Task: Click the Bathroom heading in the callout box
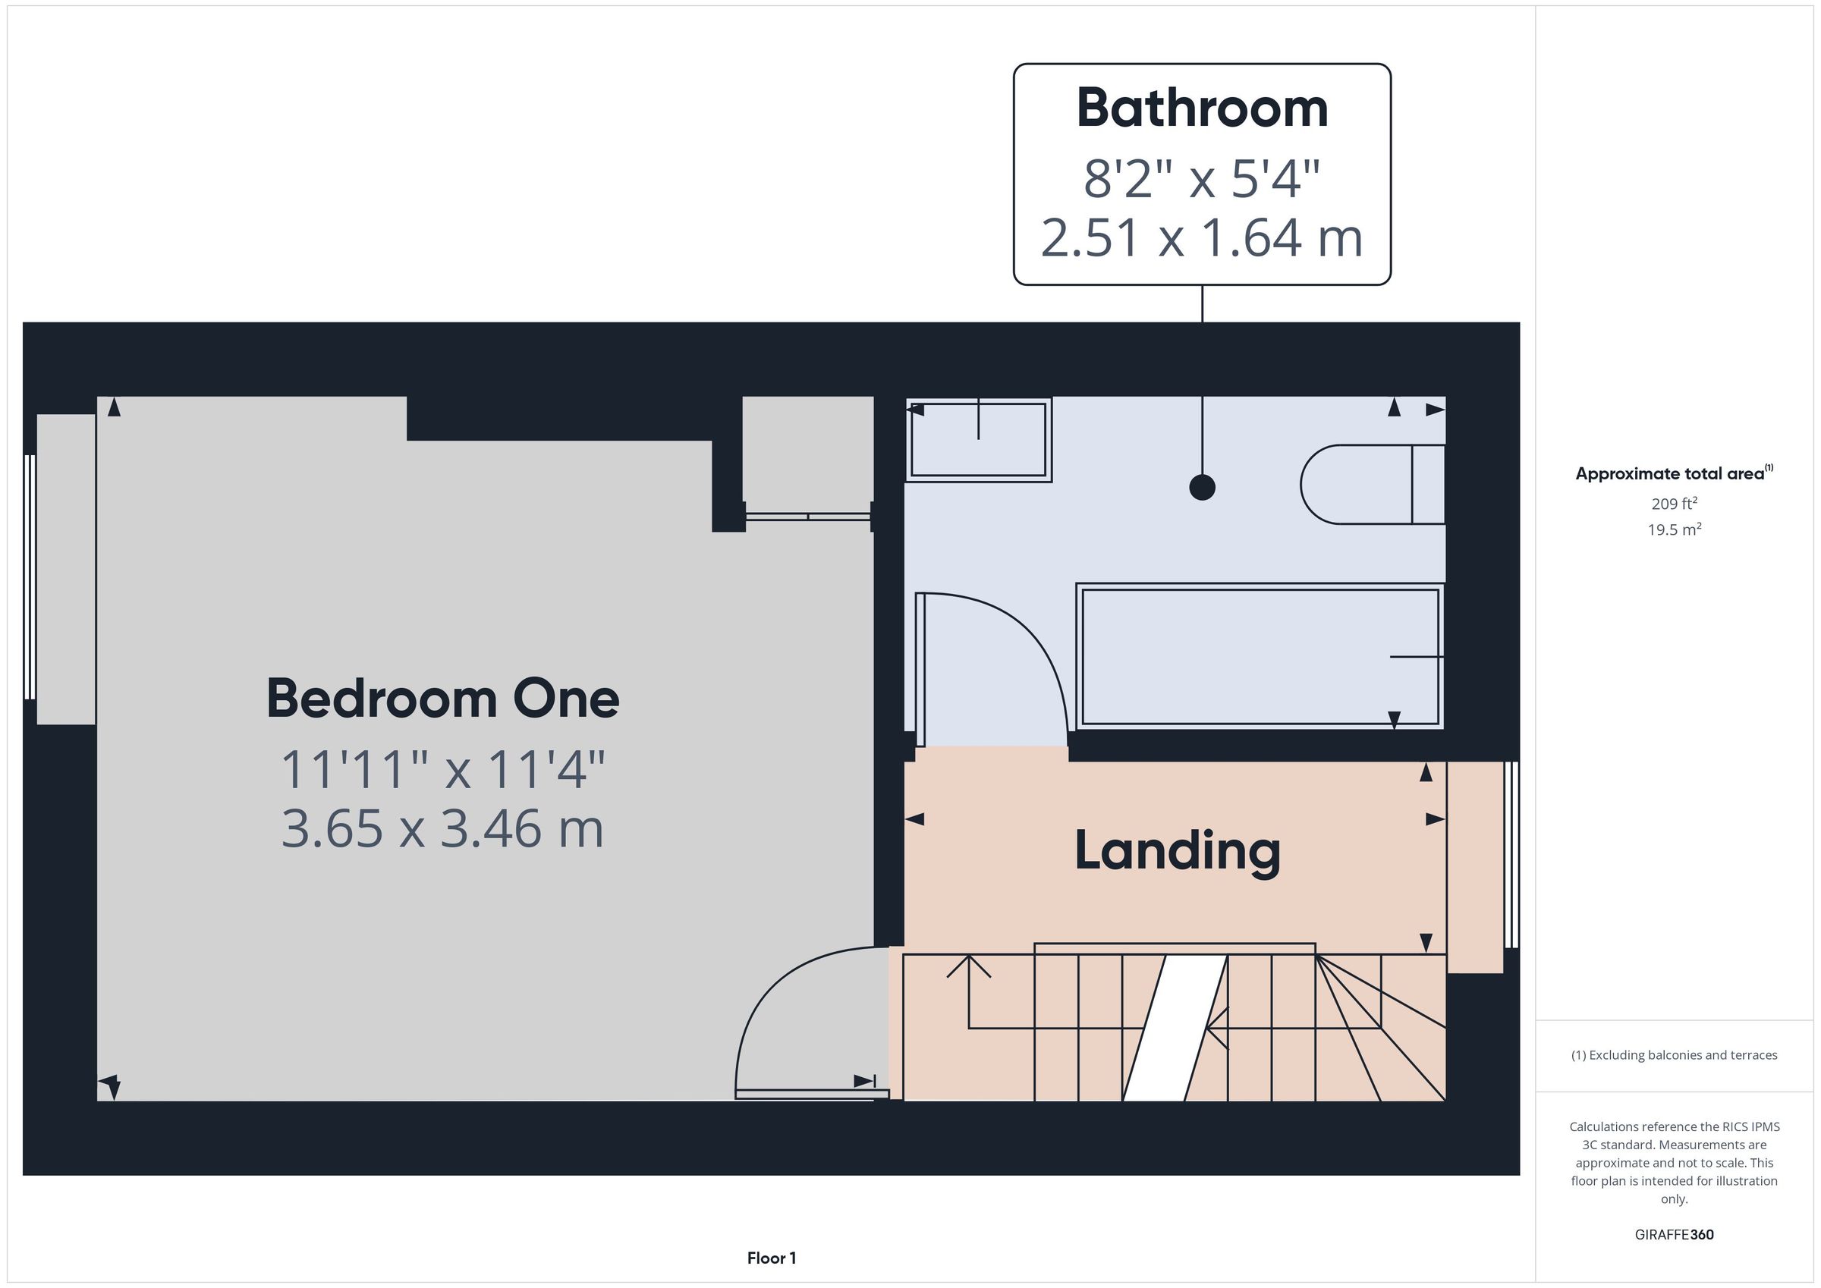pyautogui.click(x=1202, y=108)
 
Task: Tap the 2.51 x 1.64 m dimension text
pyautogui.click(x=1202, y=237)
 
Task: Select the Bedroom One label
pyautogui.click(x=442, y=698)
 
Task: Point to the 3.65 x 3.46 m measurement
pyautogui.click(x=442, y=828)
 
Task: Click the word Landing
pyautogui.click(x=1177, y=852)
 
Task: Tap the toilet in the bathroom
pyautogui.click(x=1372, y=485)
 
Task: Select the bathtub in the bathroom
pyautogui.click(x=1260, y=656)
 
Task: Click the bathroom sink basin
pyautogui.click(x=979, y=440)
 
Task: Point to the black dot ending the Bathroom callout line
pyautogui.click(x=1203, y=487)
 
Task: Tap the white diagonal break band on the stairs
pyautogui.click(x=1175, y=1028)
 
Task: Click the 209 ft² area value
pyautogui.click(x=1675, y=504)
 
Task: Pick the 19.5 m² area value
pyautogui.click(x=1675, y=529)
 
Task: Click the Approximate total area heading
pyautogui.click(x=1675, y=473)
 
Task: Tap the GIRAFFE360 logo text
pyautogui.click(x=1675, y=1234)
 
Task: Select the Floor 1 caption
pyautogui.click(x=772, y=1258)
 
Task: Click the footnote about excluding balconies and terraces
pyautogui.click(x=1675, y=1055)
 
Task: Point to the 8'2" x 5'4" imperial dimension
pyautogui.click(x=1202, y=178)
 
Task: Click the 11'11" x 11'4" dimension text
pyautogui.click(x=442, y=769)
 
